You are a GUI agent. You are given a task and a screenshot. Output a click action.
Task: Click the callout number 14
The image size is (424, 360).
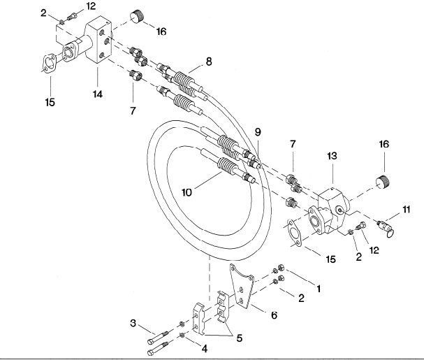[98, 94]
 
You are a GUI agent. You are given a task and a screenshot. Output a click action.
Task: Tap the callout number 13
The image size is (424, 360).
[332, 156]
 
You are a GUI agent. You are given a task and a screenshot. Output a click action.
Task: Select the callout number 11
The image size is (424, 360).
[407, 210]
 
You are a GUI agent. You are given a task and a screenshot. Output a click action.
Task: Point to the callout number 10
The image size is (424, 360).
[187, 192]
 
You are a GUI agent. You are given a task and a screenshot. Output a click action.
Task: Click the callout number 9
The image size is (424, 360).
[258, 132]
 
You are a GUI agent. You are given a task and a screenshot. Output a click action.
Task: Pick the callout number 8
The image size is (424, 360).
[209, 62]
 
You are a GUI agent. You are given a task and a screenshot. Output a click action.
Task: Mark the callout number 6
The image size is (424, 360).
[275, 315]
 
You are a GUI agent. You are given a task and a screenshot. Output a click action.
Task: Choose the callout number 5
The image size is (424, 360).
[240, 338]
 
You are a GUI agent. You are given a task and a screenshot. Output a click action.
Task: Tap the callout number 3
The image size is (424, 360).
[133, 323]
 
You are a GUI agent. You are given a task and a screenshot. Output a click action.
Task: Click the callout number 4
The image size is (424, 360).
[205, 349]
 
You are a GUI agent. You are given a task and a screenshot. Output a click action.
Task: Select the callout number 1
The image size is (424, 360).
[319, 289]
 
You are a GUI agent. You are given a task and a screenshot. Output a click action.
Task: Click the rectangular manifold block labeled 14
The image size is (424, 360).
[98, 40]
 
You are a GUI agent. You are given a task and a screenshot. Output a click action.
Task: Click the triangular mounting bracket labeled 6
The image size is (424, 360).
[242, 287]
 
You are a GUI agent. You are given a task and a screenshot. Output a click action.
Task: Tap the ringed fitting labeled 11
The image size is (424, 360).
[386, 228]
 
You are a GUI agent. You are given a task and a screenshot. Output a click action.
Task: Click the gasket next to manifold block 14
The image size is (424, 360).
[50, 64]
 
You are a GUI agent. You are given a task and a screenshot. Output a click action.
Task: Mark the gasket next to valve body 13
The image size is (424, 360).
[295, 233]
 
